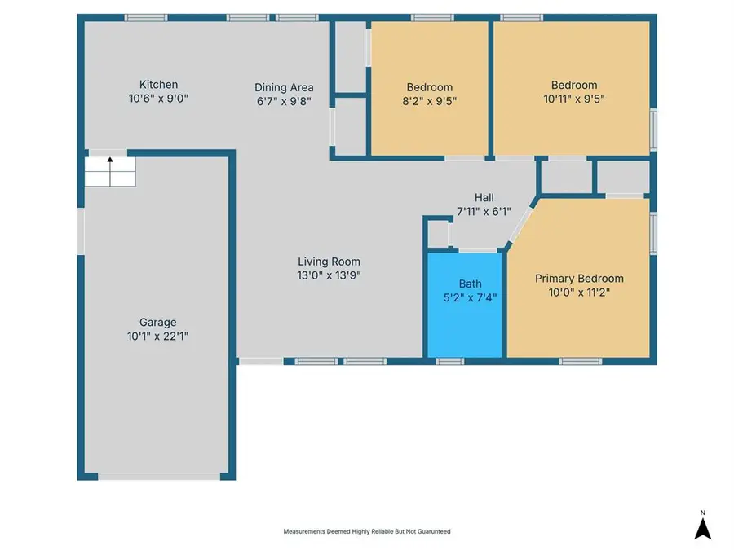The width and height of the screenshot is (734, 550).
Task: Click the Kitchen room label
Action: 158,85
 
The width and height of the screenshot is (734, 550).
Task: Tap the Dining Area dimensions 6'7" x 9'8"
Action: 284,101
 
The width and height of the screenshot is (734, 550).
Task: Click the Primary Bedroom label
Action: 579,278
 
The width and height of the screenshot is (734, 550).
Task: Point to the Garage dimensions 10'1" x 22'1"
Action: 157,336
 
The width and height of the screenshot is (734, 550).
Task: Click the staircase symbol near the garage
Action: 110,172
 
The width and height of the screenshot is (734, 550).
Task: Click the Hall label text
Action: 484,198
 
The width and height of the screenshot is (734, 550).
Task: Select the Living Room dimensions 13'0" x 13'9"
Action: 329,275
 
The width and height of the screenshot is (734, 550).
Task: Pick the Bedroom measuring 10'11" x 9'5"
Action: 573,85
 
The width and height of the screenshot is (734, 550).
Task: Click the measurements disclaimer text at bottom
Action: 367,531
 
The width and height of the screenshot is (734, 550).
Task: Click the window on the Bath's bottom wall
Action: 449,360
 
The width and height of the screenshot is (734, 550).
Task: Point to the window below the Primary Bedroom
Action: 580,360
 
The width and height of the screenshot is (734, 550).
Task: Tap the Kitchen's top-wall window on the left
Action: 146,17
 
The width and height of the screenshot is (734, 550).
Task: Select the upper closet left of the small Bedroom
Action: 351,57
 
